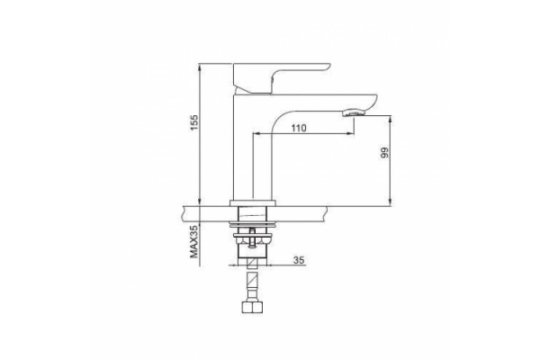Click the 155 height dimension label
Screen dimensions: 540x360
[195, 122]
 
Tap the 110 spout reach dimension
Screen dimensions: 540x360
[299, 128]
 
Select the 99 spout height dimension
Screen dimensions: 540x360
[384, 153]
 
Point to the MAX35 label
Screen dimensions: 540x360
[195, 241]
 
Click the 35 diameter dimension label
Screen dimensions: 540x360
[299, 260]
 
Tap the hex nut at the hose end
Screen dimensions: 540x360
[253, 308]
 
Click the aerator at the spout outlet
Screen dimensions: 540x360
[354, 112]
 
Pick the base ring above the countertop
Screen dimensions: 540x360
[253, 203]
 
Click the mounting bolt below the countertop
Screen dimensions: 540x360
[253, 238]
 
